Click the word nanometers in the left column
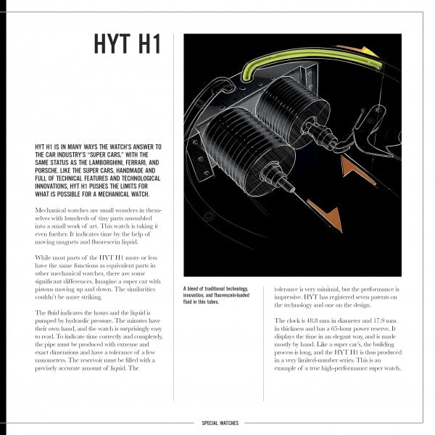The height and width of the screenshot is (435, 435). click(x=52, y=360)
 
